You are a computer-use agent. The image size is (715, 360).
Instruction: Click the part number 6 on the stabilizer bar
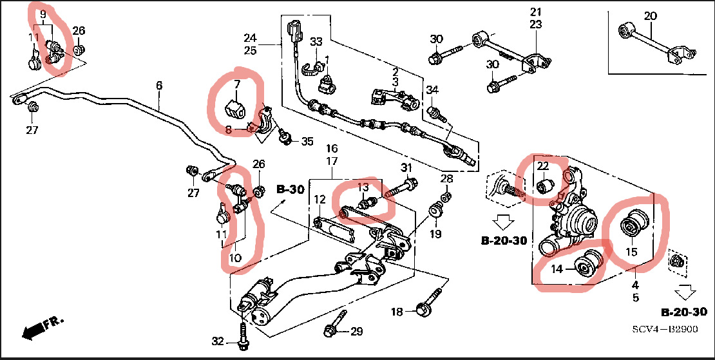(158, 85)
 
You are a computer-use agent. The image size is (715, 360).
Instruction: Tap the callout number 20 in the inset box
(651, 15)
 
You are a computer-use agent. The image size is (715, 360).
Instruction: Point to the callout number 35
(307, 141)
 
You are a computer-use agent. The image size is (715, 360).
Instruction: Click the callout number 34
(432, 90)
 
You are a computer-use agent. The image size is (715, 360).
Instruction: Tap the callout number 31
(406, 169)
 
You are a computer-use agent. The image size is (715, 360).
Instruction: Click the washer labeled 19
(436, 211)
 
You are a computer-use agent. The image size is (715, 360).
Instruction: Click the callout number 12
(321, 200)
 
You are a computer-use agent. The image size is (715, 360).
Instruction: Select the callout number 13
(363, 187)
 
